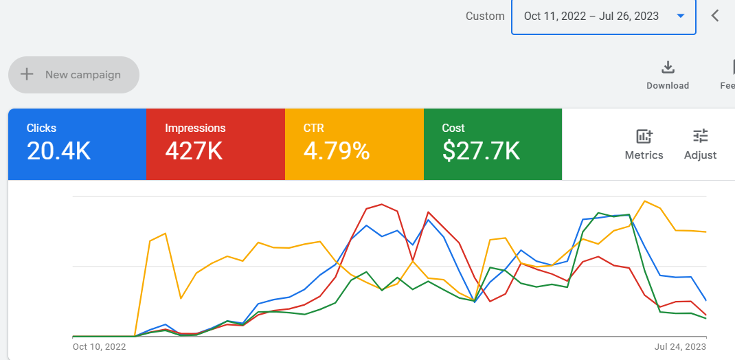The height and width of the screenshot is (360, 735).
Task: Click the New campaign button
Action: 74,75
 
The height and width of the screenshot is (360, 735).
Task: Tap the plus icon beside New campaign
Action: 27,74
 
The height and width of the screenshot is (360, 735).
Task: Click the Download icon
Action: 668,67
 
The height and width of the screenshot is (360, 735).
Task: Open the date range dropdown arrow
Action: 681,16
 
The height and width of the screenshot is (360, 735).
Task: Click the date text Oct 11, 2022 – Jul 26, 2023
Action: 591,16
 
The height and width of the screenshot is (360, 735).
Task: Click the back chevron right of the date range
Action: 715,16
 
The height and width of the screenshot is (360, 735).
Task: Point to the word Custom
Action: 485,16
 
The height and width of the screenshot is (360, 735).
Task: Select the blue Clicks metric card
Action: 77,144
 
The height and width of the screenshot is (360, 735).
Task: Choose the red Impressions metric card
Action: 216,144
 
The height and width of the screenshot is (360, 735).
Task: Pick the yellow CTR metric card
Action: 354,144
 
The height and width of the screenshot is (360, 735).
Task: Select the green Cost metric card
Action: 493,144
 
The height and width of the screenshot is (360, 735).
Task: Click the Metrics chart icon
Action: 644,136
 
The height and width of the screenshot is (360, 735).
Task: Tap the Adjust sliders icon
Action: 701,136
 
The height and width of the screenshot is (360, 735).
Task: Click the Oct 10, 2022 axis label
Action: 99,347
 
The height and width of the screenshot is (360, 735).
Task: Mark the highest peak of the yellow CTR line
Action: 645,201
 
